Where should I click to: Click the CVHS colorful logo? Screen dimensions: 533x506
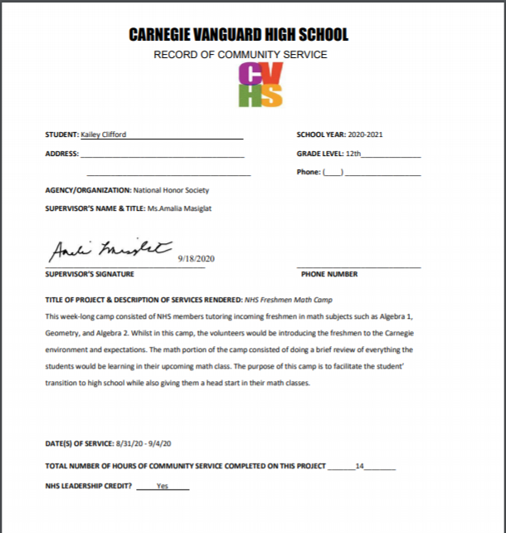pos(260,85)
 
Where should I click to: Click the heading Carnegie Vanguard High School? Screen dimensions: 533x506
pos(239,35)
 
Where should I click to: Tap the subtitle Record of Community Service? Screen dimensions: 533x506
pos(241,55)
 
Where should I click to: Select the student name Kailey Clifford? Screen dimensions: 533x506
pos(104,134)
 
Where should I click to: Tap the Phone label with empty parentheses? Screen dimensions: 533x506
pos(319,172)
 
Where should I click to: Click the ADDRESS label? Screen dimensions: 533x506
pos(61,154)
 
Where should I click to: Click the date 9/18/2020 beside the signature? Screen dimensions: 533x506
pos(196,259)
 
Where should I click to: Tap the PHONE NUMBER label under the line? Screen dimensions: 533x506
pos(330,274)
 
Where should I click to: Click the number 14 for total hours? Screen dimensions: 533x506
pos(359,466)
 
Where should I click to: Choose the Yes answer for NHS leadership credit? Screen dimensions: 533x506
pos(162,486)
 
